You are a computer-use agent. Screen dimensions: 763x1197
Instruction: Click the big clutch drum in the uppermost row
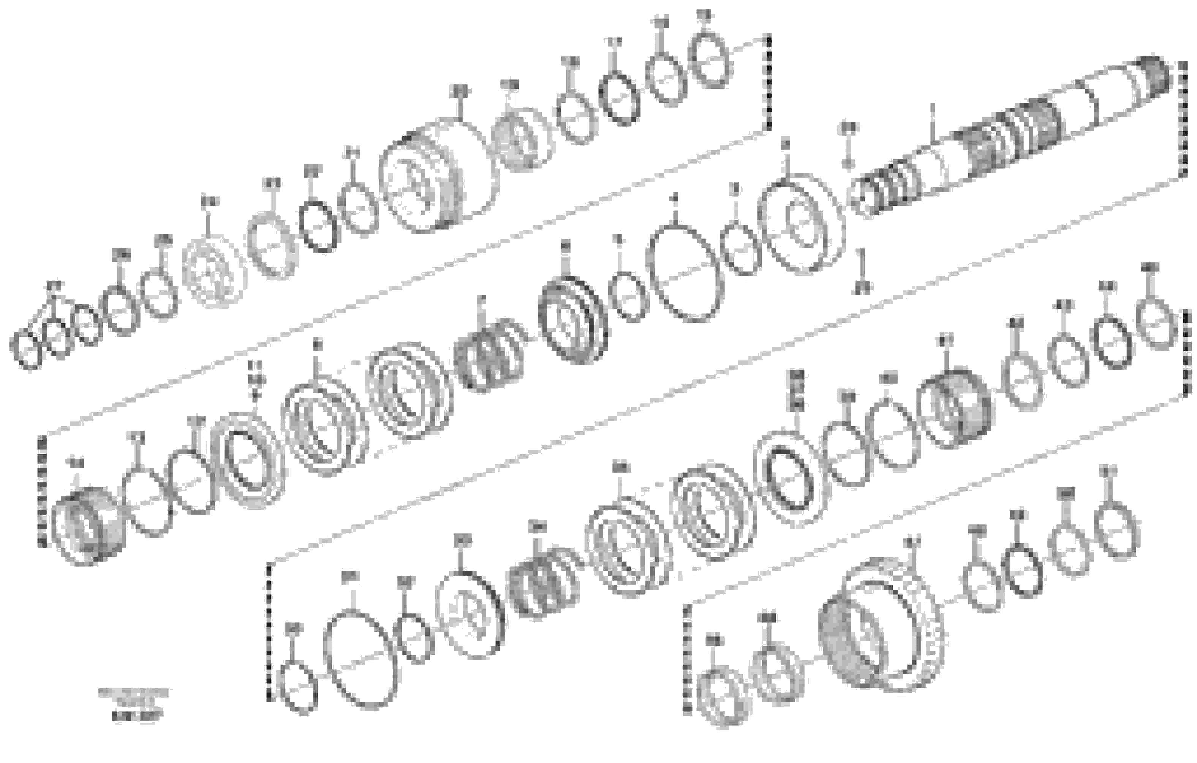pyautogui.click(x=438, y=176)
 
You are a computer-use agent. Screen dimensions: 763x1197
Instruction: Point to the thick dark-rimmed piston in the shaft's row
pyautogui.click(x=572, y=321)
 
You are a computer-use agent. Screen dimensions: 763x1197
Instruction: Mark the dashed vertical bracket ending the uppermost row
pyautogui.click(x=768, y=82)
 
